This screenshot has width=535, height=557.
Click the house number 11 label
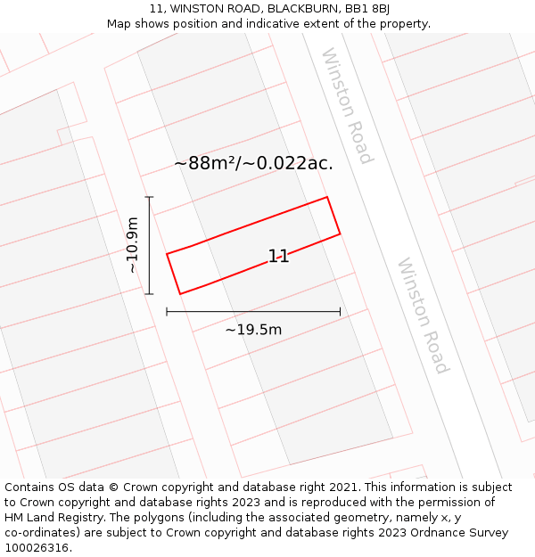click(278, 257)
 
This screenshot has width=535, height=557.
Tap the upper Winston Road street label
click(347, 106)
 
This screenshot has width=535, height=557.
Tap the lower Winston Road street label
click(423, 315)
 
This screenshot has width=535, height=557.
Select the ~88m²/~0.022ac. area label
click(254, 163)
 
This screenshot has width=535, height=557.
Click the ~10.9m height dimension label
click(132, 245)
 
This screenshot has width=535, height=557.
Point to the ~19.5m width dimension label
click(253, 330)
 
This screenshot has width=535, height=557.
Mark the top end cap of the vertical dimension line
click(149, 197)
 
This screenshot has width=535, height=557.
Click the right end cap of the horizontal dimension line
click(340, 311)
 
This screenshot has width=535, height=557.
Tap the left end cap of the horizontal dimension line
click(167, 311)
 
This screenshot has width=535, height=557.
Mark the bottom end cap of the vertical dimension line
click(149, 293)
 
